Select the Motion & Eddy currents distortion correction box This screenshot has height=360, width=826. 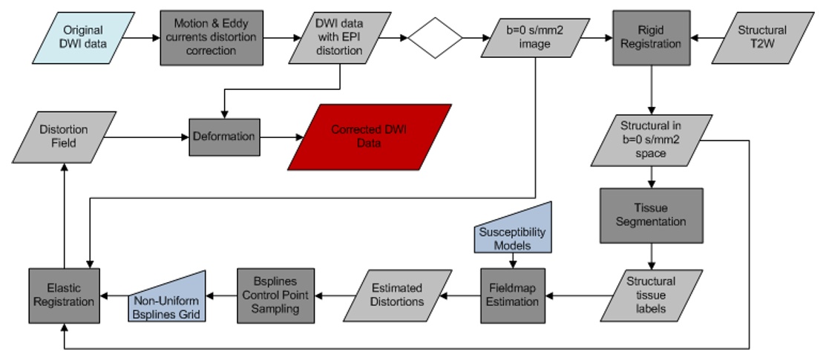(x=210, y=38)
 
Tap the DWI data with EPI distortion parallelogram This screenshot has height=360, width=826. (x=340, y=38)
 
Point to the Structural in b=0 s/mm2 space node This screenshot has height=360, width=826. (x=650, y=139)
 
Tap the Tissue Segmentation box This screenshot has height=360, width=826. (x=651, y=215)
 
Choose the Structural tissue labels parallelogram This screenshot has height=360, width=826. (x=651, y=295)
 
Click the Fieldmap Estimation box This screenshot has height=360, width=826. (x=513, y=295)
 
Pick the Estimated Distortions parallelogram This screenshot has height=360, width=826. (x=397, y=295)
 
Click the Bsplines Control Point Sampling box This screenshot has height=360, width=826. (x=275, y=295)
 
